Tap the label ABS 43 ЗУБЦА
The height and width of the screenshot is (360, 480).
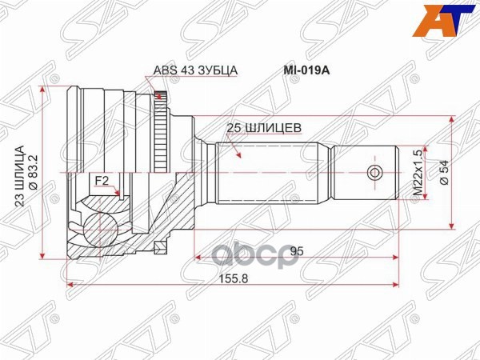(195, 70)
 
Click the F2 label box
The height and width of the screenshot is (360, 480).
(102, 181)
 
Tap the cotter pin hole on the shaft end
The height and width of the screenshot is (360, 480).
(374, 172)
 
